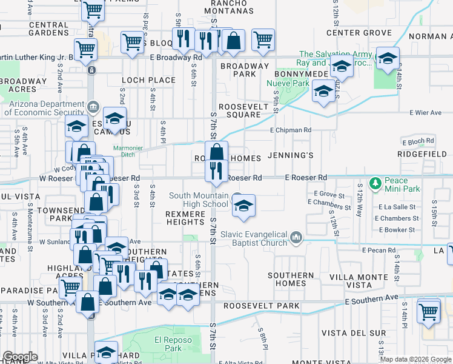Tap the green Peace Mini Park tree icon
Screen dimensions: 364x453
click(375, 182)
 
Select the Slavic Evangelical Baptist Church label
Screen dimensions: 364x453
click(254, 238)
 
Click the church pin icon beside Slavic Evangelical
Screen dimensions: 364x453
click(296, 237)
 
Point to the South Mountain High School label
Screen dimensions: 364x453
click(198, 200)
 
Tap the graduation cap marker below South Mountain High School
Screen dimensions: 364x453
click(243, 206)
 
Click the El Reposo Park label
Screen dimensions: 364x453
click(168, 344)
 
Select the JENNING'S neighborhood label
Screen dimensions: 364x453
click(290, 156)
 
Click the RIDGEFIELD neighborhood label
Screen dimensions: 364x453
click(417, 155)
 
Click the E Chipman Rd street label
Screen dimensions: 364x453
click(291, 130)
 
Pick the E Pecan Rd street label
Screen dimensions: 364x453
click(379, 250)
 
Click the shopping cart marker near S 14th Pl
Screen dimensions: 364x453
click(428, 311)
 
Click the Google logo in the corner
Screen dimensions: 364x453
click(20, 356)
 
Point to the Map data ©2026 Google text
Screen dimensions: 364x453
click(415, 359)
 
